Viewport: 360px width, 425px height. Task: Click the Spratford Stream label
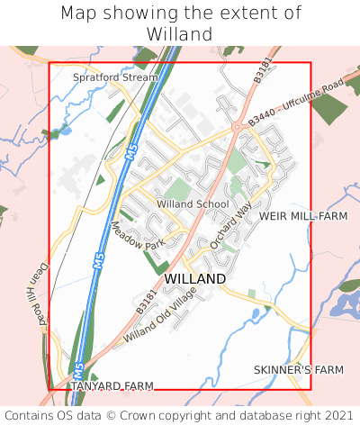click(x=114, y=77)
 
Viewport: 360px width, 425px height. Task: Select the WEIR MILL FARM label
click(x=302, y=217)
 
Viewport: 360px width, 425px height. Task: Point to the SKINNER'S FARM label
click(x=299, y=370)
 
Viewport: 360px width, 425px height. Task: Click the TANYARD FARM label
click(x=112, y=386)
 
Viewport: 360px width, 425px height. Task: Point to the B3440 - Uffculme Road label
click(x=297, y=99)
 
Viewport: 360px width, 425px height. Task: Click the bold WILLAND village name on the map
click(x=195, y=279)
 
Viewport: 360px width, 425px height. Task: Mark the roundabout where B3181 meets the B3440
click(x=237, y=128)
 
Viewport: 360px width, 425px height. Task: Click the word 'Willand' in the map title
click(x=180, y=34)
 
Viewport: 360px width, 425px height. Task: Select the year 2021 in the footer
click(x=337, y=415)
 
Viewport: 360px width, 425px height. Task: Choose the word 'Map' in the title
click(x=79, y=14)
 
